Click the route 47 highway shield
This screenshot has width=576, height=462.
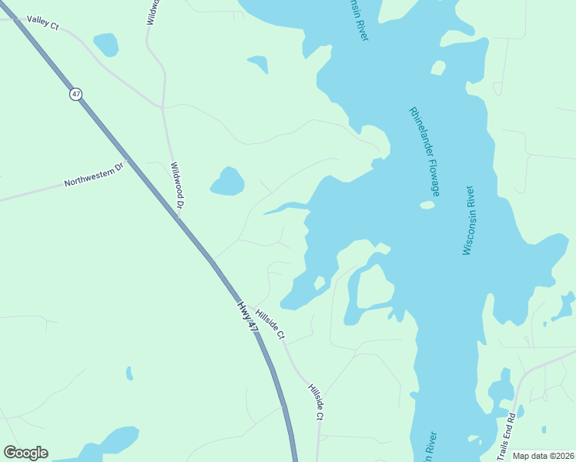(75, 94)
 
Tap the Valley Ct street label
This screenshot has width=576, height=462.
(42, 23)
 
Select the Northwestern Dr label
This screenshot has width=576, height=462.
(94, 175)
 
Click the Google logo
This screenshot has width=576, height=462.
(25, 453)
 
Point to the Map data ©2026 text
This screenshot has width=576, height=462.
(543, 456)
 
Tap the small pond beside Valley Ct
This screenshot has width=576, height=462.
(105, 45)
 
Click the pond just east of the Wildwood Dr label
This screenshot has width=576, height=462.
(228, 182)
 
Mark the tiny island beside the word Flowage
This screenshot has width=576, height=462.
(427, 205)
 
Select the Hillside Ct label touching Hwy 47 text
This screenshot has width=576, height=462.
(270, 324)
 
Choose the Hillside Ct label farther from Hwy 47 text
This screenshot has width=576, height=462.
(316, 401)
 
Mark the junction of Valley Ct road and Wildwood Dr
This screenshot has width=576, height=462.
(162, 106)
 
